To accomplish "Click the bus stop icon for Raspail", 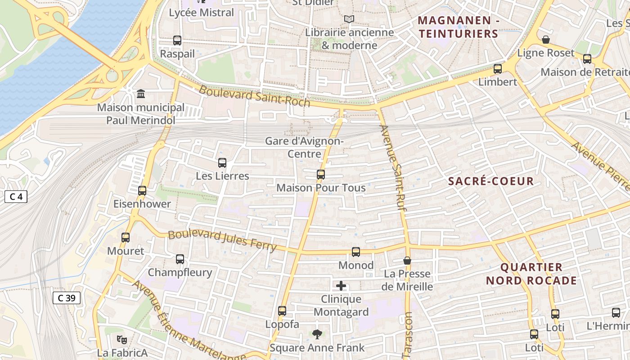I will coord(177,40).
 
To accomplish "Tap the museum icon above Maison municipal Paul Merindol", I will coord(141,94).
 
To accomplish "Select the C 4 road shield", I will coord(16,197).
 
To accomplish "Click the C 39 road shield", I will coord(67,298).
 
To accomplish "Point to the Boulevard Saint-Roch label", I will coord(254,96).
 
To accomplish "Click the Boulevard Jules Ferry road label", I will coord(222,241).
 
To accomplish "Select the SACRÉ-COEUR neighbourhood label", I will coord(491,181).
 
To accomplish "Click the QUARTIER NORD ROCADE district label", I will coord(531,274).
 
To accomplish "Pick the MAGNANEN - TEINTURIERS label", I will coord(458,27).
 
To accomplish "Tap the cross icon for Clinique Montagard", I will coord(341,286).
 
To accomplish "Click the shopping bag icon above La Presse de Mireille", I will coord(407,261).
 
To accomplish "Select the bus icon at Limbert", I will coord(497,69).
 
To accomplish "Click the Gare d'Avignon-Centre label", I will coord(304,147).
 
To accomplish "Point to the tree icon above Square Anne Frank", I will coord(317,334).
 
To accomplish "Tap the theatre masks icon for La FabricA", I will coord(122,339).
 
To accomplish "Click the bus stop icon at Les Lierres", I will coord(222,163).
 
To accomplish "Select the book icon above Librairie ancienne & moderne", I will coord(349,19).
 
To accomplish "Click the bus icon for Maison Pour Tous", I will coord(320,174).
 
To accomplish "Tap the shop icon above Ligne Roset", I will coord(545,40).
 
